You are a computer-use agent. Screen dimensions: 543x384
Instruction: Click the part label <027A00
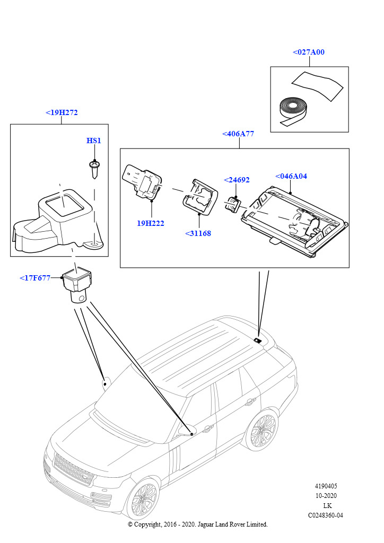(308, 52)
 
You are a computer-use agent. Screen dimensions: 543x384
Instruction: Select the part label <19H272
(62, 112)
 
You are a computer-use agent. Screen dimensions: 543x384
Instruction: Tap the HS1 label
(93, 141)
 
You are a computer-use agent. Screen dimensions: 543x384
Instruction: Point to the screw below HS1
(94, 169)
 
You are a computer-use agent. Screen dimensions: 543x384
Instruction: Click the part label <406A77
(238, 134)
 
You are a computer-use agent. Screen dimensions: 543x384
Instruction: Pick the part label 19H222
(151, 223)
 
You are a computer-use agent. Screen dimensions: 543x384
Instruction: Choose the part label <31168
(198, 233)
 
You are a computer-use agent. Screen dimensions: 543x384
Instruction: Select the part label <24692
(237, 180)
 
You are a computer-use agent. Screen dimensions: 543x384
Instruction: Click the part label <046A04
(291, 176)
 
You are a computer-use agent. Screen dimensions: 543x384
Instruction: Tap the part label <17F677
(34, 277)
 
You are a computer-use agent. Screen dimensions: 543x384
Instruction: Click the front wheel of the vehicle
(142, 499)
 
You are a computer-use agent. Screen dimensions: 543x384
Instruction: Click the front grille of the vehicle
(74, 469)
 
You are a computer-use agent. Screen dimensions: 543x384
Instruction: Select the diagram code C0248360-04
(326, 515)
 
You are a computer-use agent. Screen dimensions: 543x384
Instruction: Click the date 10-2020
(326, 496)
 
